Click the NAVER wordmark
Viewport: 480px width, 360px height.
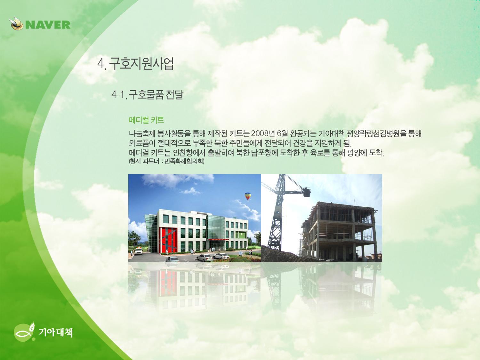[x=48, y=25]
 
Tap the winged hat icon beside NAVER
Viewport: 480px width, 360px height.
[x=16, y=24]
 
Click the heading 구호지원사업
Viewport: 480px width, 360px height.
[x=141, y=64]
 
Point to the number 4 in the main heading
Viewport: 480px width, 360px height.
[x=100, y=64]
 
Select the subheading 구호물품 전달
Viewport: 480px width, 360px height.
[x=156, y=95]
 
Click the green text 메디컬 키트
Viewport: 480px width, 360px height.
[x=146, y=120]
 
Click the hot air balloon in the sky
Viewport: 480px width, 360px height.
[x=248, y=196]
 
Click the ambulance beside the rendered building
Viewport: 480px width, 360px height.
[x=139, y=251]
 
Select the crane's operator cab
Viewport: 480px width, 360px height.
[x=307, y=192]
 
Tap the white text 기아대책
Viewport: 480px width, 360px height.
[x=56, y=332]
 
